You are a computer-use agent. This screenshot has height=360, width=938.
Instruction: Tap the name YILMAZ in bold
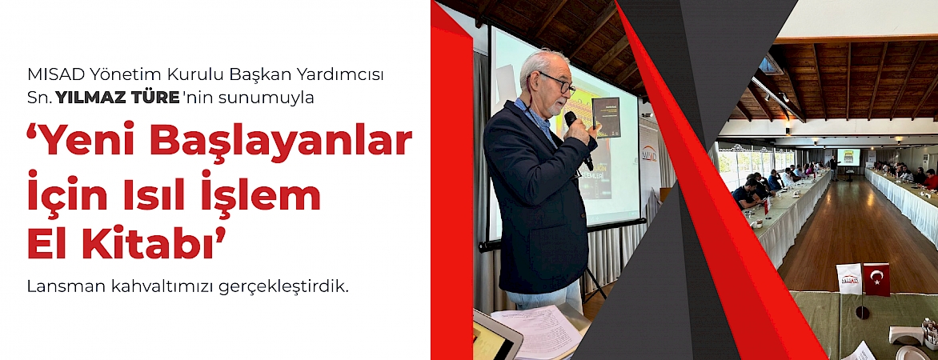pyautogui.click(x=86, y=98)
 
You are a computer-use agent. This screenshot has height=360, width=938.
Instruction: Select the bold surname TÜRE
pyautogui.click(x=150, y=98)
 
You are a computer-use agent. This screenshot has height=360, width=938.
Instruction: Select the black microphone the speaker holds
pyautogui.click(x=578, y=138)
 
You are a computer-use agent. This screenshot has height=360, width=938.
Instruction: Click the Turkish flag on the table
pyautogui.click(x=876, y=279)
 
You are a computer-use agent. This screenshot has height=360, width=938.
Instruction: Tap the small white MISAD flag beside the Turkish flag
pyautogui.click(x=849, y=278)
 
